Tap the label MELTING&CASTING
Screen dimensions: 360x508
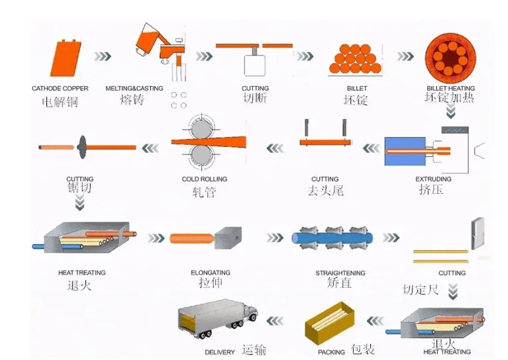[134, 89]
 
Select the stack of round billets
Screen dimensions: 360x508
[356, 59]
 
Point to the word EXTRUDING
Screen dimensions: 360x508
[433, 179]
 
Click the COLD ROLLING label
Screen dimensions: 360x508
[204, 179]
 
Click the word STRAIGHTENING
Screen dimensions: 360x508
[340, 273]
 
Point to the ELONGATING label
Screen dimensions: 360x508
[210, 273]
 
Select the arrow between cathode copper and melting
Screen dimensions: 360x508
[102, 56]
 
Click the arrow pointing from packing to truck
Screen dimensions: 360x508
[278, 321]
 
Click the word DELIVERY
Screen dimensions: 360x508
[220, 352]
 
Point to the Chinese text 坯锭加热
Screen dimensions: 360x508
[450, 98]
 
